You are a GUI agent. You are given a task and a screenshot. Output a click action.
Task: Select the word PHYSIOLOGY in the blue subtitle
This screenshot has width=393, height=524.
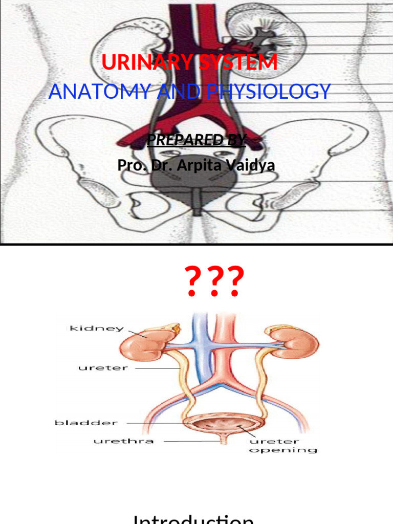pyautogui.click(x=269, y=92)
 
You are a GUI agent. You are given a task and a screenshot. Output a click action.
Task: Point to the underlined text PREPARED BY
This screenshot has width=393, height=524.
pyautogui.click(x=196, y=140)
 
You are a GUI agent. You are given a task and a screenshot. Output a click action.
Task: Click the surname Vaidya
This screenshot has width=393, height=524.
pyautogui.click(x=249, y=165)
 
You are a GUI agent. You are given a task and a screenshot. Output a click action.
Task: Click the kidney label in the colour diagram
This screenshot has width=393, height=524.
pyautogui.click(x=97, y=328)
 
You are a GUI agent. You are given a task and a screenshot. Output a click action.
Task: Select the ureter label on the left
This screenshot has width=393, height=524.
pyautogui.click(x=97, y=368)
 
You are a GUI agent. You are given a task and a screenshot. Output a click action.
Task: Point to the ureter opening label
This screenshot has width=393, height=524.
pyautogui.click(x=283, y=445)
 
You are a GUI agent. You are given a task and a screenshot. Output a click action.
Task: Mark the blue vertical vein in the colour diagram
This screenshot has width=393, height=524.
pyautogui.click(x=197, y=353)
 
